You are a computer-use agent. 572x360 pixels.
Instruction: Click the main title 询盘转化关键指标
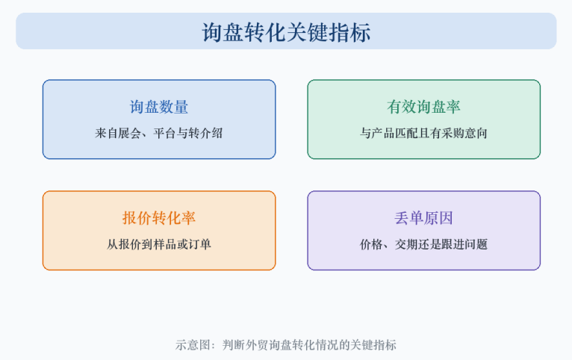point(286,32)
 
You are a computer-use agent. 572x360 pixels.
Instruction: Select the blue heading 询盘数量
point(159,107)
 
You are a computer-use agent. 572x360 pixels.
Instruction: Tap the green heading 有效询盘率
point(423,107)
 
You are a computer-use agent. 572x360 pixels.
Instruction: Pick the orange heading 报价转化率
point(159,218)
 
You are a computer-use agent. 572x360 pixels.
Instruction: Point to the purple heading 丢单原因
point(423,218)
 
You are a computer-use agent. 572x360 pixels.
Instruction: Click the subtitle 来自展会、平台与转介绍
point(159,133)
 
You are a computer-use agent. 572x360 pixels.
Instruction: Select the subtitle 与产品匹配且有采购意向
point(423,133)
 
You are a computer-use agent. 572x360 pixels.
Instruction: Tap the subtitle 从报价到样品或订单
point(159,244)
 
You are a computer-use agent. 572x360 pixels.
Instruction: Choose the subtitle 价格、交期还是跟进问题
point(423,244)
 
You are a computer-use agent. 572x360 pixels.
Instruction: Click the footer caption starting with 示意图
point(286,344)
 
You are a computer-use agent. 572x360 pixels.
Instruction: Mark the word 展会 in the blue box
point(130,133)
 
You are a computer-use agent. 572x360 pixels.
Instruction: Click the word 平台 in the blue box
point(165,133)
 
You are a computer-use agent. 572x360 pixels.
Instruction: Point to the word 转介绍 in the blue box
point(206,133)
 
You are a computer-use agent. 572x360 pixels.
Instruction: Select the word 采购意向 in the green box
point(464,133)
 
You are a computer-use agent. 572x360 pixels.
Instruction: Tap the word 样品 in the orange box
point(165,244)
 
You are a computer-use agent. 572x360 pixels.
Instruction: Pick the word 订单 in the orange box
point(200,244)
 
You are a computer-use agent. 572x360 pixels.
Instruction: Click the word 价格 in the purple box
point(371,244)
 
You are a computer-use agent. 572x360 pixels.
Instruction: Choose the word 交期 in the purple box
point(406,244)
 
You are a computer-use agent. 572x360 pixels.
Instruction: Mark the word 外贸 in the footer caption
point(257,344)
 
